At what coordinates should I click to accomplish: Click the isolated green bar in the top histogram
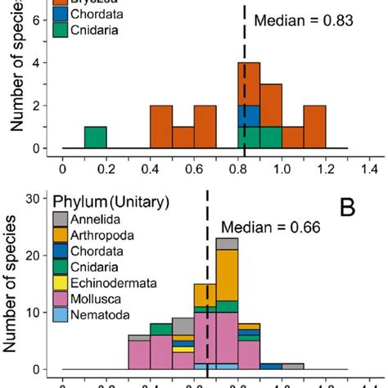pos(96,138)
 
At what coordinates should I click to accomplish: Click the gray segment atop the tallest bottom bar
pos(227,244)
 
